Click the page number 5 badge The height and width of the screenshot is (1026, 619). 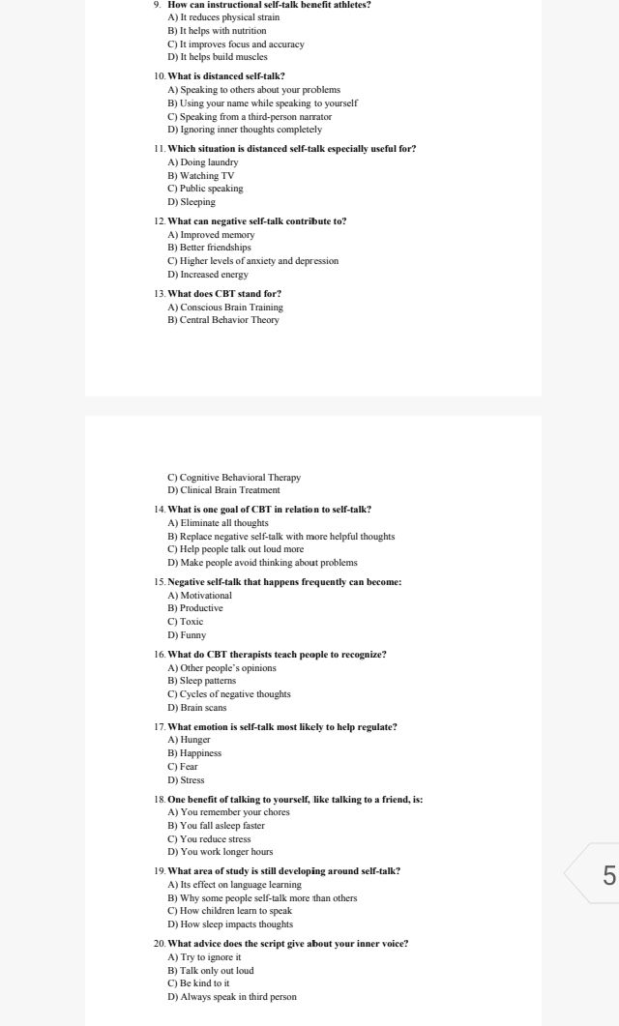pos(607,876)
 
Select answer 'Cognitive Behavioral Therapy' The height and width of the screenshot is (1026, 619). pos(234,477)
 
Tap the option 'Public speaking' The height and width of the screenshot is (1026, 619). pos(205,189)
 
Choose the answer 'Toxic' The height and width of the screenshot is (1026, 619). pos(186,622)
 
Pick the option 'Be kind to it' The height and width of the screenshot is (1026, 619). pos(198,983)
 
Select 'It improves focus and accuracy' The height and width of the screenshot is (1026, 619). pos(236,44)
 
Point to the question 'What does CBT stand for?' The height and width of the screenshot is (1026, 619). pos(224,293)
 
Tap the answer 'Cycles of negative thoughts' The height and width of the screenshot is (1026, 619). pos(229,694)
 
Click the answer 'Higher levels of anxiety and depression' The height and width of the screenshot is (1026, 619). pos(253,261)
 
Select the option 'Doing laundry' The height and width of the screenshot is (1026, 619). pos(203,161)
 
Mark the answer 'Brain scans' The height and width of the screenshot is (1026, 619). pos(197,708)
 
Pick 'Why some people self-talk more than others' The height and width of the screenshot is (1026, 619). pos(262,898)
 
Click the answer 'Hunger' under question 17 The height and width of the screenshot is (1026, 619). pos(189,740)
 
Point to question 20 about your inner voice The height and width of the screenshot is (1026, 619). pos(287,943)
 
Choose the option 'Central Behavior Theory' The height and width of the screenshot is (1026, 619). pos(223,320)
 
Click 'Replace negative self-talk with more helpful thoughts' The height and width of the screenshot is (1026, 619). pos(280,536)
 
